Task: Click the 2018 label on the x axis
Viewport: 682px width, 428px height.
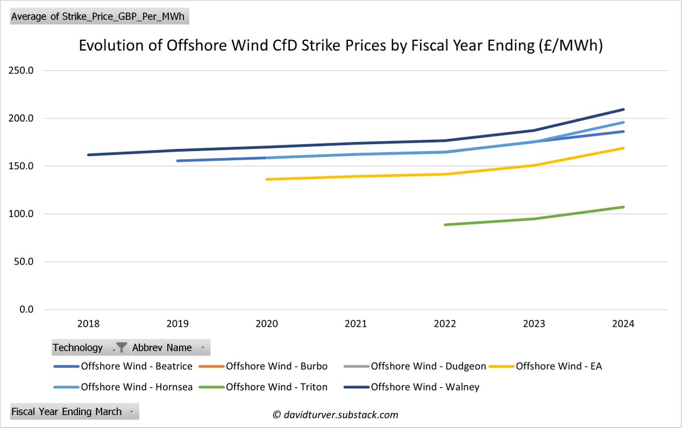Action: pyautogui.click(x=88, y=324)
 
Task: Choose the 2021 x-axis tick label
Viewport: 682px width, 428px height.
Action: pyautogui.click(x=356, y=324)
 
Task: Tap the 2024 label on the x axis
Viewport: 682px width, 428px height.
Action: pyautogui.click(x=623, y=324)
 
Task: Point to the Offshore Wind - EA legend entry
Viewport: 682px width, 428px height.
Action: pyautogui.click(x=558, y=366)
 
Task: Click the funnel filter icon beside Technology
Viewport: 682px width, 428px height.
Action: pyautogui.click(x=121, y=347)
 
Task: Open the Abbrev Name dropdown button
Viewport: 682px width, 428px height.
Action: pyautogui.click(x=203, y=347)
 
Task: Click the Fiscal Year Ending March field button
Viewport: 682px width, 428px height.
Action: pyautogui.click(x=74, y=411)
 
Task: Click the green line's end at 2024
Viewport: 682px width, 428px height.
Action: pyautogui.click(x=623, y=207)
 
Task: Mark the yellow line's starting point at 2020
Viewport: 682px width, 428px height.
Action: pyautogui.click(x=267, y=180)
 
